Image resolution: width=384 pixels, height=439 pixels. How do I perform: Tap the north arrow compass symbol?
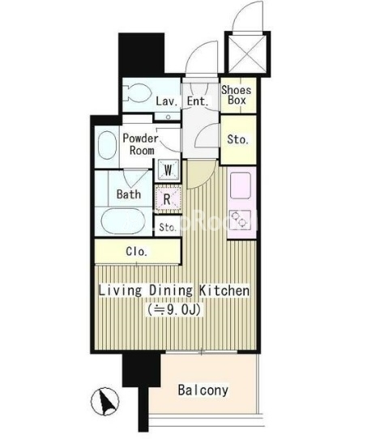pyautogui.click(x=105, y=402)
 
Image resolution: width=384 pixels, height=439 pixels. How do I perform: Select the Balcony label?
pyautogui.click(x=203, y=390)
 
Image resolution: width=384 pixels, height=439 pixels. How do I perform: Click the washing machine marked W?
pyautogui.click(x=168, y=169)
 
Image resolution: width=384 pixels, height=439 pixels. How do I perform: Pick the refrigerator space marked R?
pyautogui.click(x=167, y=199)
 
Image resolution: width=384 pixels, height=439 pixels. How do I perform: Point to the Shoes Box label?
pyautogui.click(x=237, y=95)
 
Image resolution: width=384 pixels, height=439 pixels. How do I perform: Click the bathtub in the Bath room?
pyautogui.click(x=122, y=221)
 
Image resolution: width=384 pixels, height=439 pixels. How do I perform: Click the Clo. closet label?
pyautogui.click(x=136, y=251)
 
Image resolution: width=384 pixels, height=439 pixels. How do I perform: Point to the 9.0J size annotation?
pyautogui.click(x=174, y=309)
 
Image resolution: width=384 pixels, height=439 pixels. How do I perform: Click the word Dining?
pyautogui.click(x=171, y=290)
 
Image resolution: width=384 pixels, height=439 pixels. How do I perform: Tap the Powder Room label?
pyautogui.click(x=141, y=144)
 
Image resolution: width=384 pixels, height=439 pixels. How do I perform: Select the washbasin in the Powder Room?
pyautogui.click(x=107, y=145)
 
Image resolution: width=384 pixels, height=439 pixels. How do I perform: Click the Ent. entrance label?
pyautogui.click(x=198, y=101)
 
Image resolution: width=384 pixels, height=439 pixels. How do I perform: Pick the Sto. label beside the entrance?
pyautogui.click(x=238, y=139)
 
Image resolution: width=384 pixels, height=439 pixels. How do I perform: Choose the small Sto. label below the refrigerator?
pyautogui.click(x=168, y=227)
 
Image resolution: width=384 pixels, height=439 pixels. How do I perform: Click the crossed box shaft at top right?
pyautogui.click(x=247, y=54)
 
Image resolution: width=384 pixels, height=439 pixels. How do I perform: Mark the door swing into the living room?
pyautogui.click(x=201, y=174)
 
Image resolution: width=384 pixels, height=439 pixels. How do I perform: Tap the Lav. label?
pyautogui.click(x=167, y=101)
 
